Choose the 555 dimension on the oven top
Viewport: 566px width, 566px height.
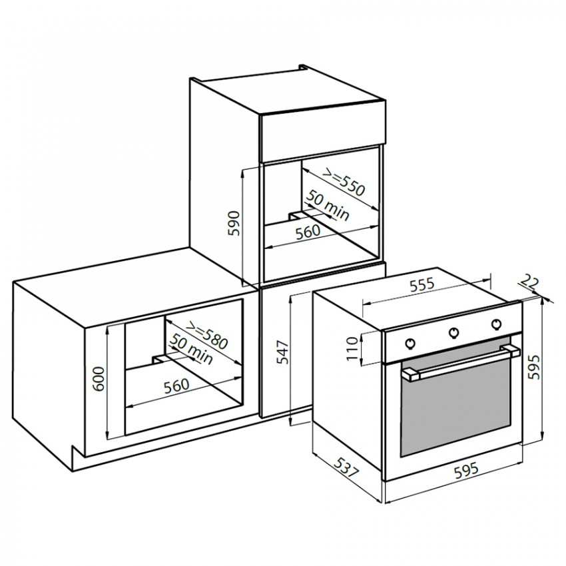421,285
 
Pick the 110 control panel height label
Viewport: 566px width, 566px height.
352,348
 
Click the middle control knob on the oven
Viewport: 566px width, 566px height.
453,332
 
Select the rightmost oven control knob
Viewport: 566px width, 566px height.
496,324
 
